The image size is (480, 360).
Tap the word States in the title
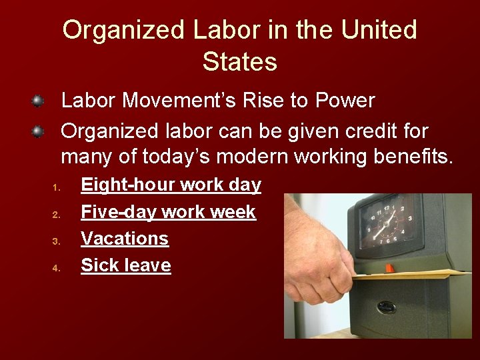(x=240, y=62)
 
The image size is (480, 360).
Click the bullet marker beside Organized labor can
(x=39, y=131)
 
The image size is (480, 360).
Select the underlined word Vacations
(x=125, y=239)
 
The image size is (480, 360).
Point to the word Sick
(x=97, y=265)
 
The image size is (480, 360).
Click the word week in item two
(x=233, y=212)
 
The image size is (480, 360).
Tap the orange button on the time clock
(x=389, y=267)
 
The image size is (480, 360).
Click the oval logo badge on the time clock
(x=385, y=307)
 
